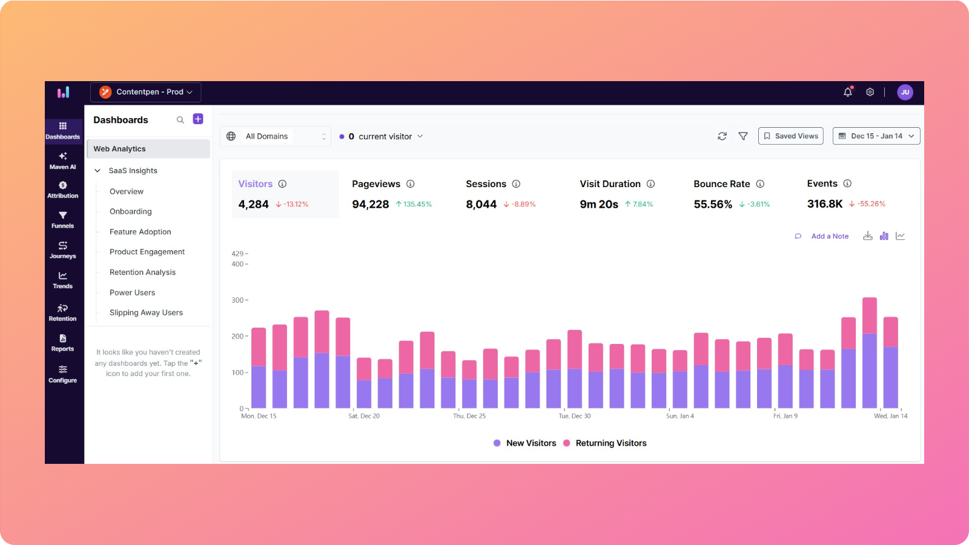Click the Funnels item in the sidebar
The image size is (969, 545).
(x=62, y=219)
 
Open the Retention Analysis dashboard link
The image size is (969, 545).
(x=142, y=272)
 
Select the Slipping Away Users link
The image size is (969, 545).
(x=146, y=312)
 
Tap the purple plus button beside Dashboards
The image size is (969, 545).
(x=198, y=119)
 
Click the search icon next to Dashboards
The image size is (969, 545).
(x=180, y=120)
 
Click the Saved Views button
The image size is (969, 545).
(x=790, y=136)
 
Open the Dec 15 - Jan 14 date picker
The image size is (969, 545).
(x=876, y=136)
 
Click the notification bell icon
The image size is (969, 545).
(x=847, y=92)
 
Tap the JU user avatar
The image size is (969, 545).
(x=905, y=92)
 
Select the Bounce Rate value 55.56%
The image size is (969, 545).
(x=713, y=205)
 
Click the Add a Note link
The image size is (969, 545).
(x=829, y=236)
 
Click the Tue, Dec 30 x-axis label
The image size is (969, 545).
(x=574, y=416)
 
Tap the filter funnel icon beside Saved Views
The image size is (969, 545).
(x=743, y=136)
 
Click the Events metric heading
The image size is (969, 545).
(x=822, y=183)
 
